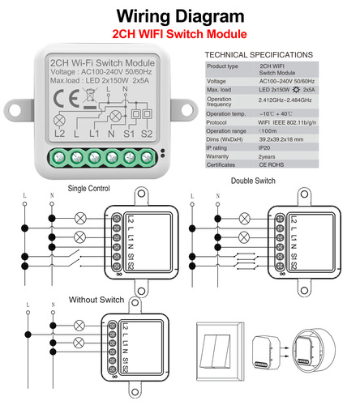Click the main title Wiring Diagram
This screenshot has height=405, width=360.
coord(179,15)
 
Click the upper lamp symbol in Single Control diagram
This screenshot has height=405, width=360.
coord(79,218)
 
